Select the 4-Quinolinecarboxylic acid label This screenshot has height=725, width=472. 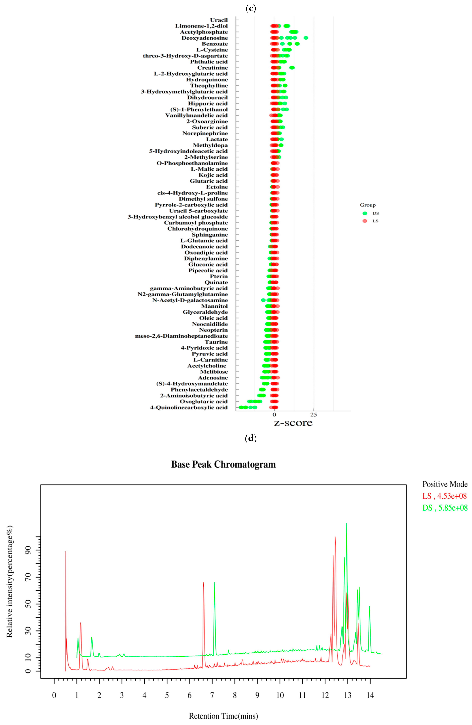[189, 408]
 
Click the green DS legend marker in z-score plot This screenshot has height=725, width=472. [365, 213]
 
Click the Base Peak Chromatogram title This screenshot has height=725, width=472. [223, 464]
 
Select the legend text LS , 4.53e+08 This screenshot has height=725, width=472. [444, 496]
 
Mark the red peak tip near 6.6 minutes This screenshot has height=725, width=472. [203, 582]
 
